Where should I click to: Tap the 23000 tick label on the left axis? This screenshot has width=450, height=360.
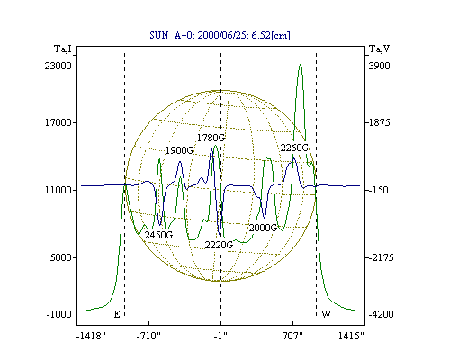tap(58, 66)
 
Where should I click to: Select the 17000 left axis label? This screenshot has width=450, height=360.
tap(58, 122)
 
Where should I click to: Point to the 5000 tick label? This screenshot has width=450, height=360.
tap(61, 257)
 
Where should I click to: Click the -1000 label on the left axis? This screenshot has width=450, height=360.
tap(58, 314)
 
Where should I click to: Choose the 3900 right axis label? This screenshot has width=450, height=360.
tap(379, 66)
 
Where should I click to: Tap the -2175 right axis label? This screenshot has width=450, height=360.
tap(381, 257)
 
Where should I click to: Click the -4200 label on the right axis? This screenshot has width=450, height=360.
tap(381, 314)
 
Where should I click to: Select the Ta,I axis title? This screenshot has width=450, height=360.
tap(63, 49)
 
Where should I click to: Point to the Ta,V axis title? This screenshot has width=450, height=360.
tap(379, 49)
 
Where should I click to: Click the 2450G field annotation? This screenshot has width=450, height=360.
tap(158, 235)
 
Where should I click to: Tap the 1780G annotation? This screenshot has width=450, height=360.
tap(211, 138)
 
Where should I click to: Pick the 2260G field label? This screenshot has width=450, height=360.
tap(294, 148)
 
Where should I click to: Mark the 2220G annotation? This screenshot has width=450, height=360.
tap(219, 245)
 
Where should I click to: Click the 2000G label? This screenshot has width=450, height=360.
tap(263, 228)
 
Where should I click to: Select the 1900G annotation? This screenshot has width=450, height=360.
tap(180, 150)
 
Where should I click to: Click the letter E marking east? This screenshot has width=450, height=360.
tap(117, 314)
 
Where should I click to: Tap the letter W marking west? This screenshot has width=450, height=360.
tap(326, 314)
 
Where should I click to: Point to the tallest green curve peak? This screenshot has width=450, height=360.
tap(301, 64)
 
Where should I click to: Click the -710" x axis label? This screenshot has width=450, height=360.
tap(148, 336)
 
